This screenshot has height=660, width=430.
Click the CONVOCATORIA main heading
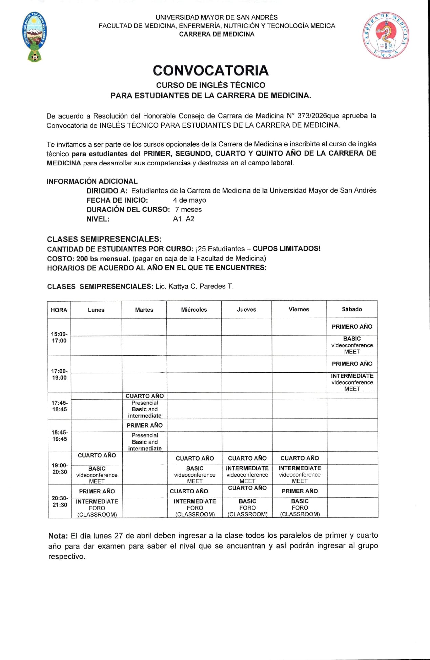pyautogui.click(x=210, y=70)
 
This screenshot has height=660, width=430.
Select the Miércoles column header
pyautogui.click(x=194, y=309)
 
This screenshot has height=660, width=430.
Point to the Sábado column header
pyautogui.click(x=352, y=309)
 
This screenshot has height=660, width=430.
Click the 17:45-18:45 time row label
pyautogui.click(x=59, y=406)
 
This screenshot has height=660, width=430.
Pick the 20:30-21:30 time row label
pyautogui.click(x=60, y=501)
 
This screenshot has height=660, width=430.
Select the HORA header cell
pyautogui.click(x=59, y=310)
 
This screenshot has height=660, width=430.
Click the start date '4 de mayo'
pyautogui.click(x=189, y=200)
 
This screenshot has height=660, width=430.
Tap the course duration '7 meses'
pyautogui.click(x=188, y=209)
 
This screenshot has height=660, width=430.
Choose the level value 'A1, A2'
pyautogui.click(x=183, y=219)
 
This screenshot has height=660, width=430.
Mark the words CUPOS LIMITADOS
pyautogui.click(x=286, y=248)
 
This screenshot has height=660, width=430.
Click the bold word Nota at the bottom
pyautogui.click(x=58, y=536)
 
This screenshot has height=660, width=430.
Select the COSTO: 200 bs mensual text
pyautogui.click(x=88, y=258)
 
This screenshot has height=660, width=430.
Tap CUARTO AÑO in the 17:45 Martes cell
pyautogui.click(x=144, y=396)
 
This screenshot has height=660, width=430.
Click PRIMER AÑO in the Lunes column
pyautogui.click(x=97, y=491)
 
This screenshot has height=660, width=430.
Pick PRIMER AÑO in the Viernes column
pyautogui.click(x=300, y=491)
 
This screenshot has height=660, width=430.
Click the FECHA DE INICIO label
pyautogui.click(x=117, y=200)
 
